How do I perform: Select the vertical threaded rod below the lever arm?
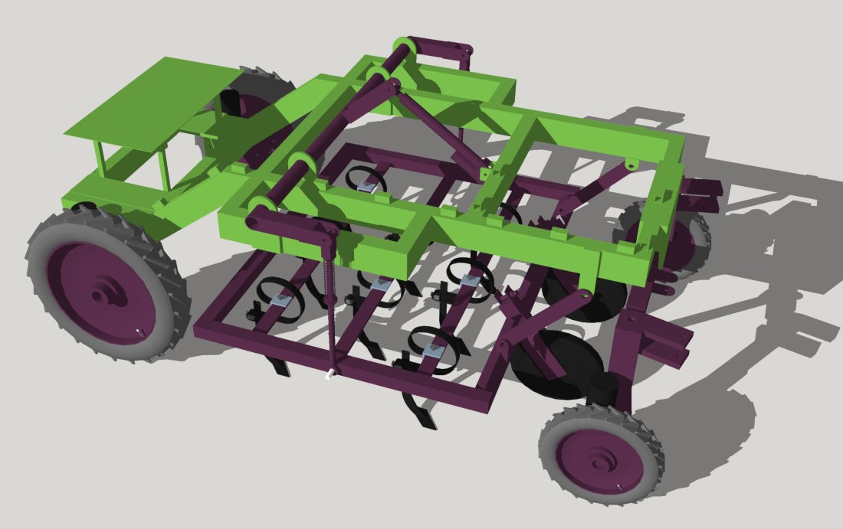pos(331,306)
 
